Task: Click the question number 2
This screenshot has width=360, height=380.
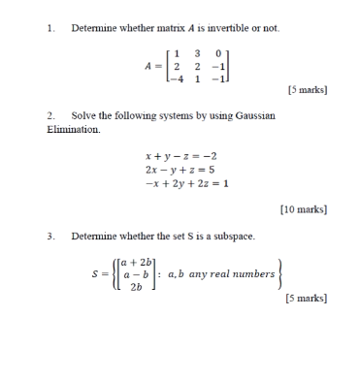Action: click(49, 115)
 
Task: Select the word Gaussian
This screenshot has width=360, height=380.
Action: click(256, 115)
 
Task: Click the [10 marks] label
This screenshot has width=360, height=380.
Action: click(304, 208)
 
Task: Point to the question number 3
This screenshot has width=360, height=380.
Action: click(49, 235)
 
